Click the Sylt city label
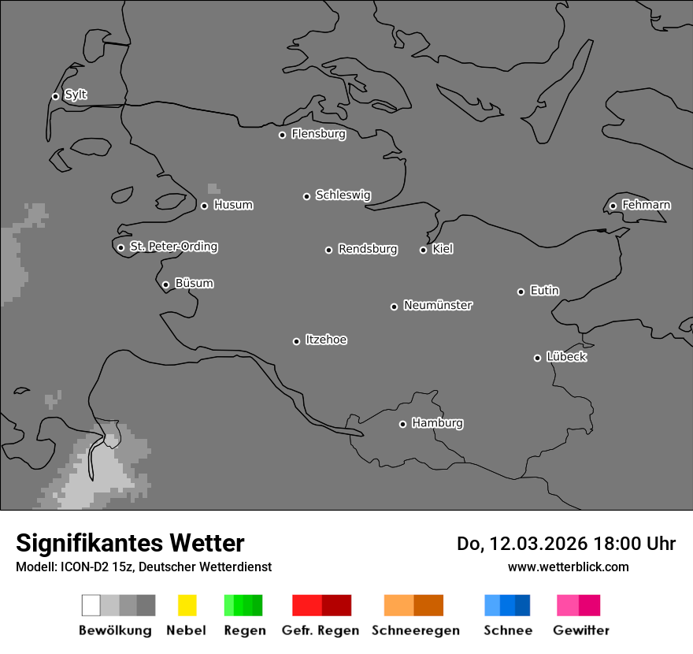76,95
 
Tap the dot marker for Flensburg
282,135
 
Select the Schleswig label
343,195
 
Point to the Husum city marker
204,206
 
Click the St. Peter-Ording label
173,247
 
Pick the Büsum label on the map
194,283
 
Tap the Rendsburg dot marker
328,250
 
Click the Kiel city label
443,249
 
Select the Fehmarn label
646,205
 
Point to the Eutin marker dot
521,292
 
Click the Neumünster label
438,305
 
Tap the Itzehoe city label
326,340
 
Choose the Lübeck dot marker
537,358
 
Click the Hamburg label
437,423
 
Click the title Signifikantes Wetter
130,543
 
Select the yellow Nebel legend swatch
187,605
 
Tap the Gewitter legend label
581,630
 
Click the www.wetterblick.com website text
569,567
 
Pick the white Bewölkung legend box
91,605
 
